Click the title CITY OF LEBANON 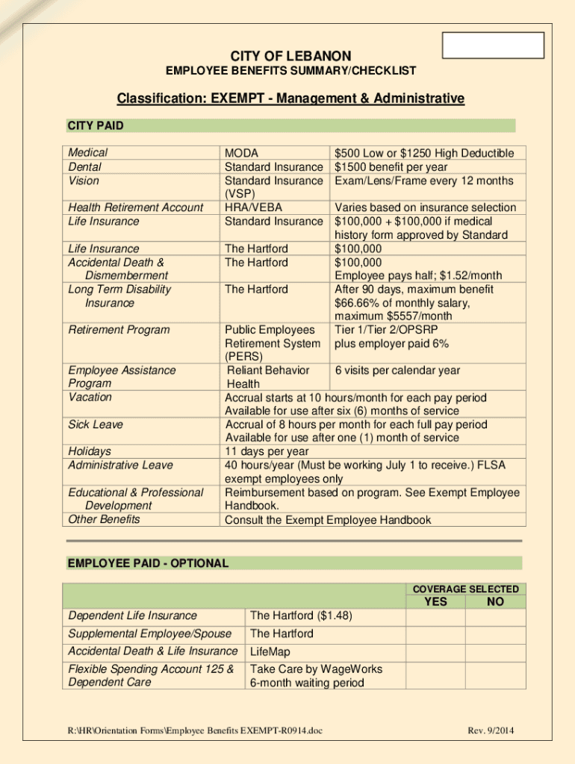click(290, 56)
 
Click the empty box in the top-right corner click(494, 46)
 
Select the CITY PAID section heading click(96, 125)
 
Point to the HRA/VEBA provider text click(253, 207)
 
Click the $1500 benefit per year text click(391, 167)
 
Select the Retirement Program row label click(119, 330)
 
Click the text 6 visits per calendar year click(397, 371)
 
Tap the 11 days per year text click(267, 451)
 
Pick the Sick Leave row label click(96, 425)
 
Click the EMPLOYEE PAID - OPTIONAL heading click(148, 563)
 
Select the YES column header click(436, 601)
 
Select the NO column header click(494, 601)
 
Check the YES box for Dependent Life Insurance click(436, 616)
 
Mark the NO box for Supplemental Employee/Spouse click(494, 634)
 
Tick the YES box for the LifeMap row click(436, 651)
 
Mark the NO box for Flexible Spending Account click(494, 675)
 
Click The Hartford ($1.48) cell click(301, 616)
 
